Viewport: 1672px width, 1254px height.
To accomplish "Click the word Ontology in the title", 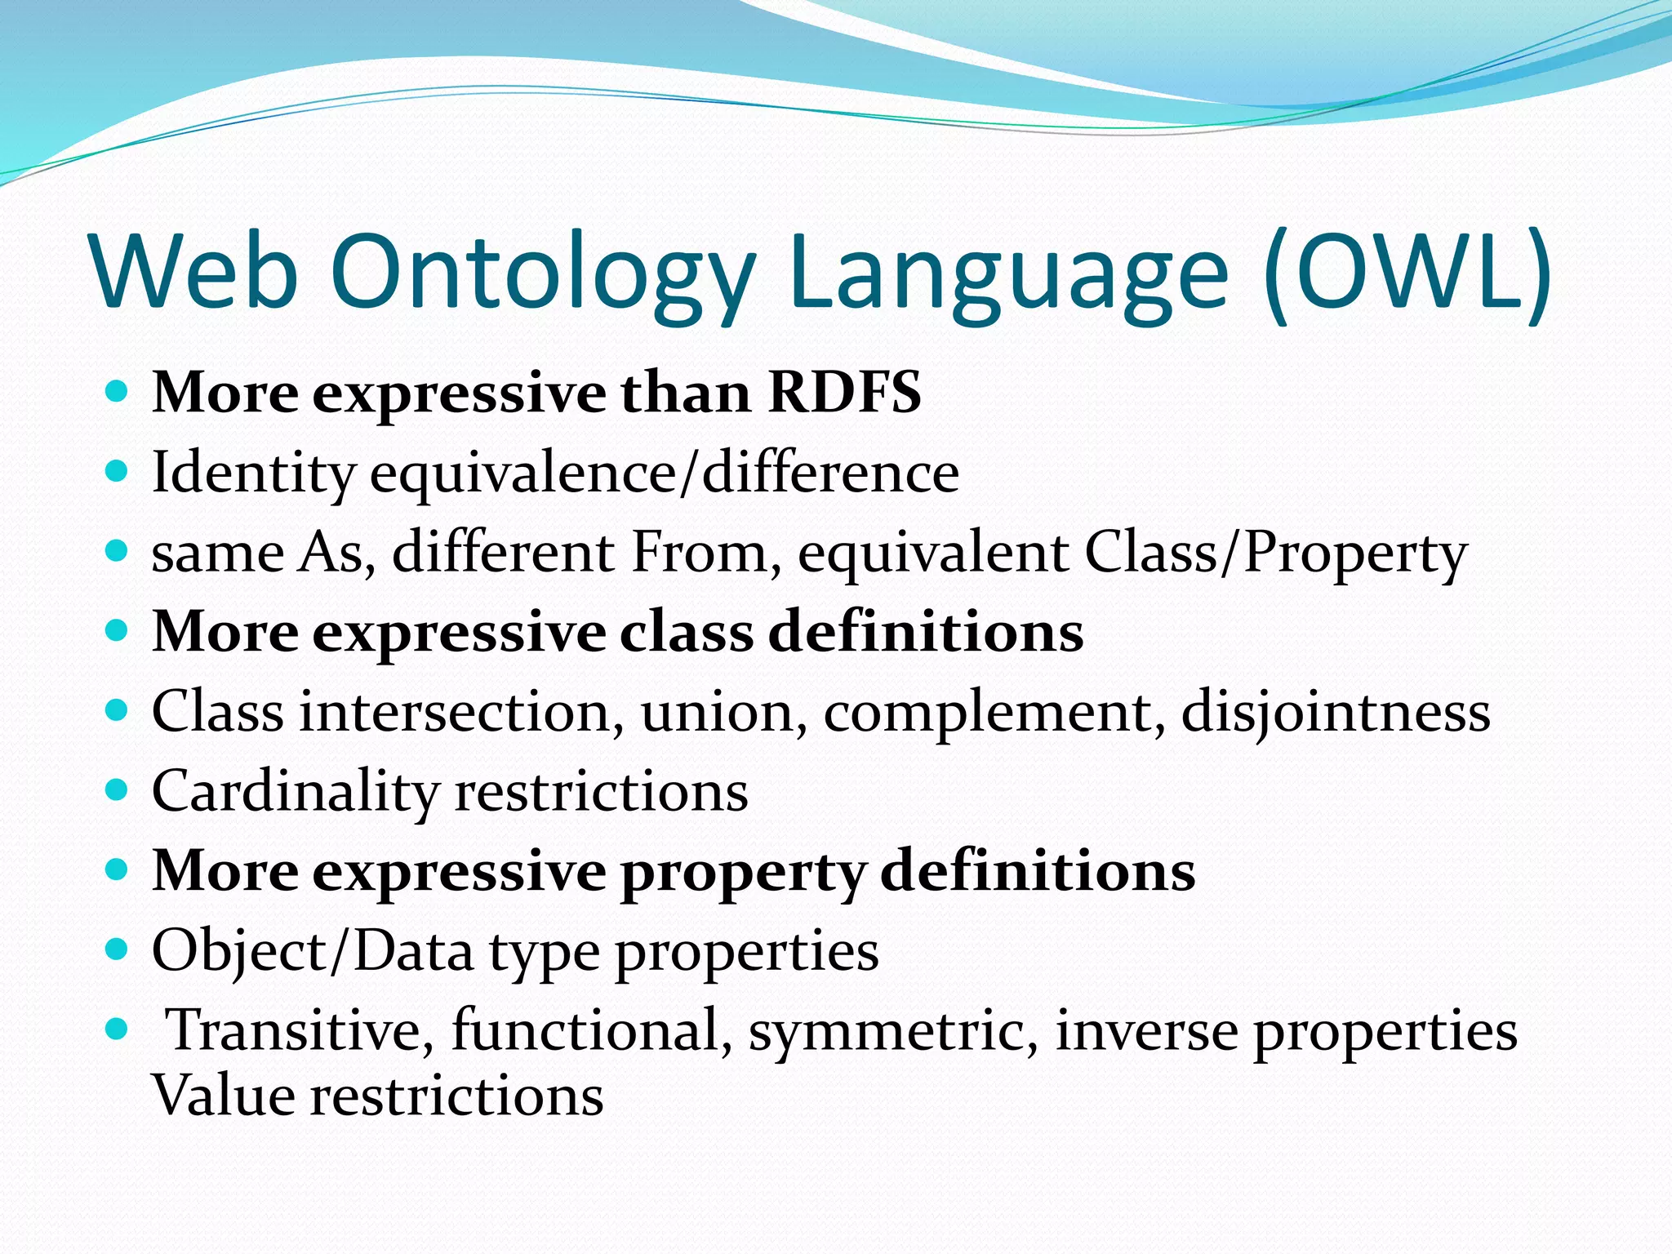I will pyautogui.click(x=543, y=273).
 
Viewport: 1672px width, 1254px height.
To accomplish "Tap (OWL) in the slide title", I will pyautogui.click(x=1406, y=273).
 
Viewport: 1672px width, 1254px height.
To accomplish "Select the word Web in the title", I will pyautogui.click(x=196, y=273).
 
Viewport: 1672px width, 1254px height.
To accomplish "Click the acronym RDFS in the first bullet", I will pyautogui.click(x=844, y=394).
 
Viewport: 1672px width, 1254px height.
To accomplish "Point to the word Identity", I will pyautogui.click(x=254, y=474).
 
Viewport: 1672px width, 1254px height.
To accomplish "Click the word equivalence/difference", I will pyautogui.click(x=665, y=474).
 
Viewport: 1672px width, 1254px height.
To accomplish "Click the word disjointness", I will pyautogui.click(x=1336, y=712).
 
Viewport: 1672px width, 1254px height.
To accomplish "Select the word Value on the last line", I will pyautogui.click(x=223, y=1096).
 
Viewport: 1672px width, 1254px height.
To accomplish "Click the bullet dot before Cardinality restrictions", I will pyautogui.click(x=118, y=789).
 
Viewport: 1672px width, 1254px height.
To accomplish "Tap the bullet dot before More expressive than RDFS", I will pyautogui.click(x=118, y=391).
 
